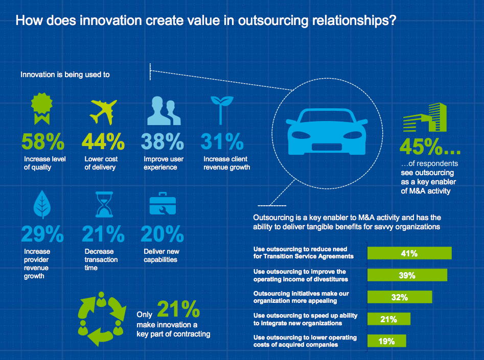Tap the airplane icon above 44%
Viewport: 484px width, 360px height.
[103, 110]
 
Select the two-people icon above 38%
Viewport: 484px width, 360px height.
[164, 110]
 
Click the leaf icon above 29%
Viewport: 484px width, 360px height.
[42, 206]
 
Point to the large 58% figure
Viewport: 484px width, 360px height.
[43, 141]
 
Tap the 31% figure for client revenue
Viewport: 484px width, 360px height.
[222, 141]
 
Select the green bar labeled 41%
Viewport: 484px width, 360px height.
[410, 253]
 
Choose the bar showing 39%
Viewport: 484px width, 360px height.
[407, 275]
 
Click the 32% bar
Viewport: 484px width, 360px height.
[400, 297]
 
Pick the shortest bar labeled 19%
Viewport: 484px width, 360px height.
[387, 341]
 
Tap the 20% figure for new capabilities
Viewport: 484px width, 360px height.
[163, 234]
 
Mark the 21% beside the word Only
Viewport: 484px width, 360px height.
[178, 310]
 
